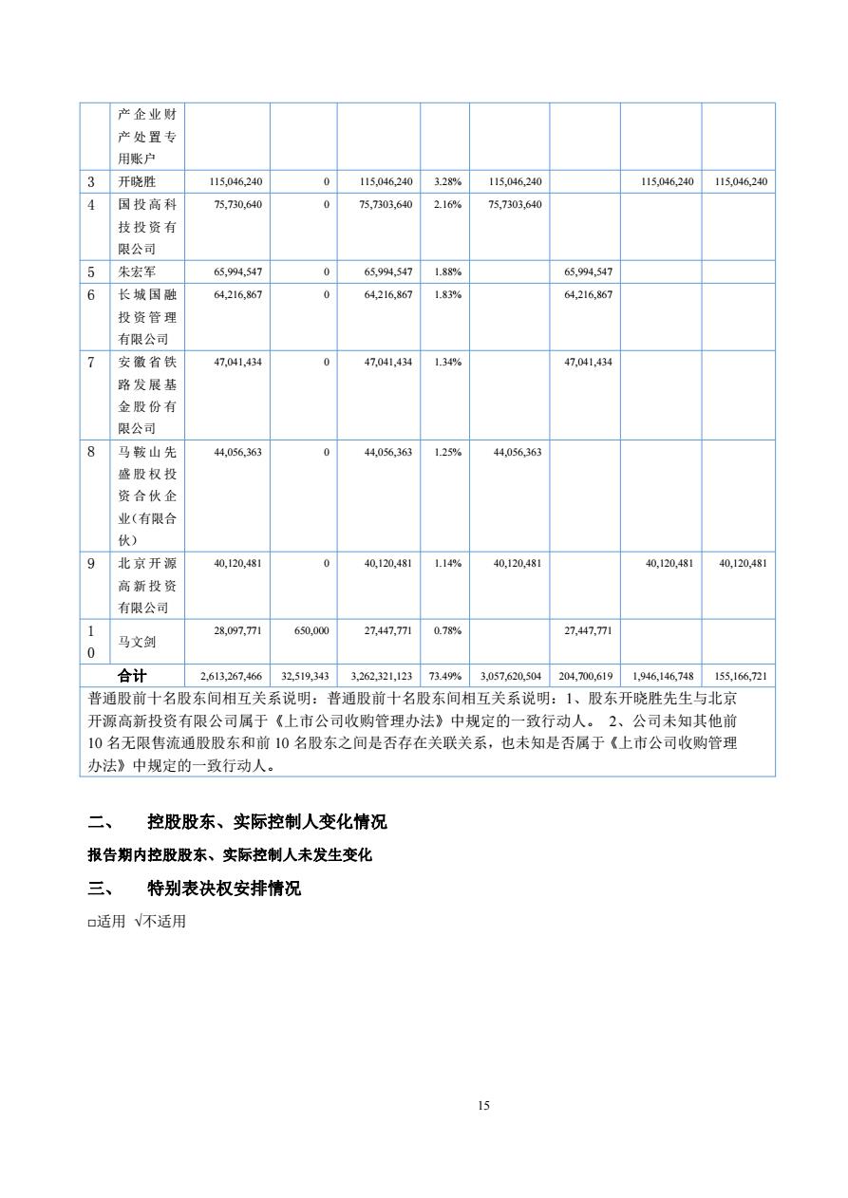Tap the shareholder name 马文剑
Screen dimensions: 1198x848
tap(137, 642)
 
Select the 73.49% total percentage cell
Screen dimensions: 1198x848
tap(445, 677)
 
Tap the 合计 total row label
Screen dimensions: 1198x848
tap(132, 677)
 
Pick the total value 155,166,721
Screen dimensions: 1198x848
tap(738, 677)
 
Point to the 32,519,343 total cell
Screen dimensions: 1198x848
tap(305, 677)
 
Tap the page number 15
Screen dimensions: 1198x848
tap(483, 1105)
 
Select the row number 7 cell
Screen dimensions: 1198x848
tap(91, 362)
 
